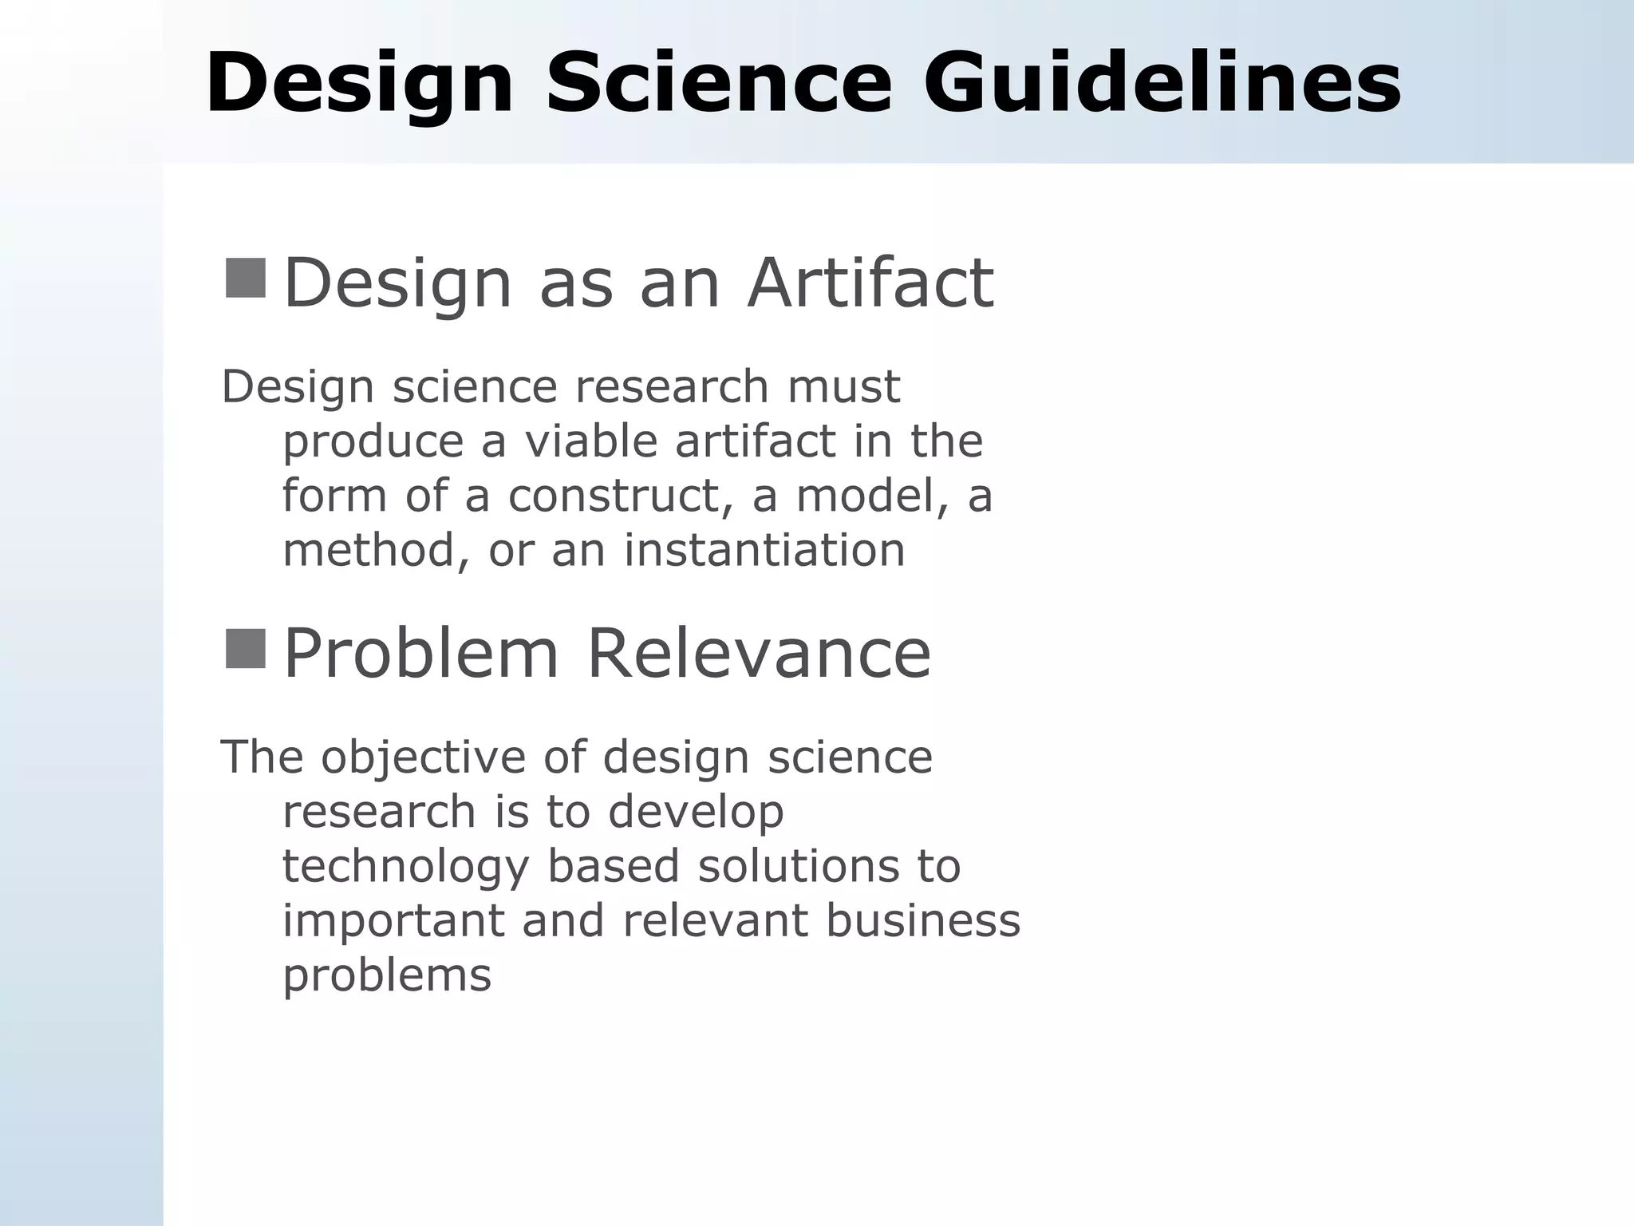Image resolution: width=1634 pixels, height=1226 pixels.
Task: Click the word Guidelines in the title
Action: click(x=1162, y=84)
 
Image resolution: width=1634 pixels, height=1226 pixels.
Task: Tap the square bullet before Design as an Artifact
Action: click(x=245, y=278)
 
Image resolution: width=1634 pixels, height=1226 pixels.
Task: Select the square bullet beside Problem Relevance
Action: click(x=245, y=648)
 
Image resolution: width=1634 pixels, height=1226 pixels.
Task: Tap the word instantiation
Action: click(x=764, y=550)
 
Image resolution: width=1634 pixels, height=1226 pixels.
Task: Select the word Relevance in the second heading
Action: click(x=758, y=654)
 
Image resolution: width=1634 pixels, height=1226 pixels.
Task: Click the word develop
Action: click(x=695, y=813)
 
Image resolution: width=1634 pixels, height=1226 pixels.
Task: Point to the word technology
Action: click(x=405, y=867)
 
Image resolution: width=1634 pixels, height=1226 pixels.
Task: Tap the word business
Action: click(x=922, y=920)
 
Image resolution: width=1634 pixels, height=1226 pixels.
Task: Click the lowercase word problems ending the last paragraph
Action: click(x=387, y=975)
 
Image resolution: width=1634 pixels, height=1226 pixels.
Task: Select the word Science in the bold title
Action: click(x=718, y=84)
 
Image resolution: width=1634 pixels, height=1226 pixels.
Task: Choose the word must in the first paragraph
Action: click(x=843, y=387)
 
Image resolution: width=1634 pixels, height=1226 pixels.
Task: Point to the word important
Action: click(x=393, y=920)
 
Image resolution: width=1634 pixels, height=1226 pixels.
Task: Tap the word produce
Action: click(x=373, y=441)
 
